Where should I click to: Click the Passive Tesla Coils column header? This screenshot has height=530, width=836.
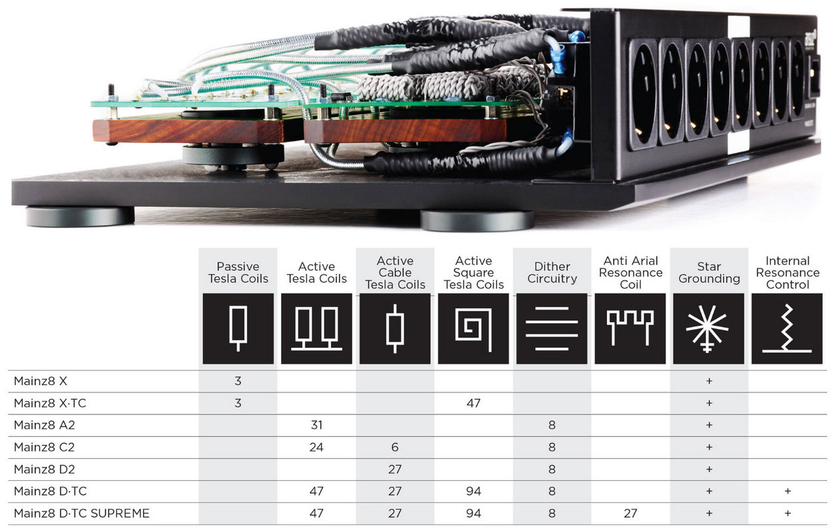pos(238,273)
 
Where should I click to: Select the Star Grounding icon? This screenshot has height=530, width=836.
pos(708,329)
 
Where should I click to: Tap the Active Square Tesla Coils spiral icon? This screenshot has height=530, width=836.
pos(473,329)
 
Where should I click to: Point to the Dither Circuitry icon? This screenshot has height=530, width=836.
pos(552,329)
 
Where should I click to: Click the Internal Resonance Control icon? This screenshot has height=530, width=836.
pos(787,329)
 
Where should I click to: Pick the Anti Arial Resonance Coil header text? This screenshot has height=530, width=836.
pos(630,273)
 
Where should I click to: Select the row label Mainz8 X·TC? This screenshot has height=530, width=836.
pos(49,403)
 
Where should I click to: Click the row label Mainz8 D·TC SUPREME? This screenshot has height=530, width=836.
pos(82,513)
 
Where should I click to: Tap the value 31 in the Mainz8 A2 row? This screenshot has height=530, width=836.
pos(316,425)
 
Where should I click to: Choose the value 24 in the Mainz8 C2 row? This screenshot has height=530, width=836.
pos(316,447)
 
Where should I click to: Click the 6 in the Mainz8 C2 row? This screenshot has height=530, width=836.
pos(395,447)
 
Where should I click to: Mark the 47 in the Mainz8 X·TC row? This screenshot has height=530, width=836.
pos(473,403)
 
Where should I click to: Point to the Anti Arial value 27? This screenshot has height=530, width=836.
pos(630,513)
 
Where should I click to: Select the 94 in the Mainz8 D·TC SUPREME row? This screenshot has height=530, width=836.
pos(473,513)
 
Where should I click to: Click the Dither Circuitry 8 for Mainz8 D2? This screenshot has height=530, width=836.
pos(552,469)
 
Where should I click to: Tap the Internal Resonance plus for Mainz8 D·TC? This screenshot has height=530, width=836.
pos(787,491)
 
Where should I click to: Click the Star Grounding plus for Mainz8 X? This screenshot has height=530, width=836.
pos(708,381)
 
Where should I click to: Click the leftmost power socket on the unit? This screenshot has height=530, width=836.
pos(643,93)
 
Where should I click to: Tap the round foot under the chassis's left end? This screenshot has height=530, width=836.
pos(80,217)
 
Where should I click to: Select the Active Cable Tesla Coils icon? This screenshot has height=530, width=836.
pos(395,329)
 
